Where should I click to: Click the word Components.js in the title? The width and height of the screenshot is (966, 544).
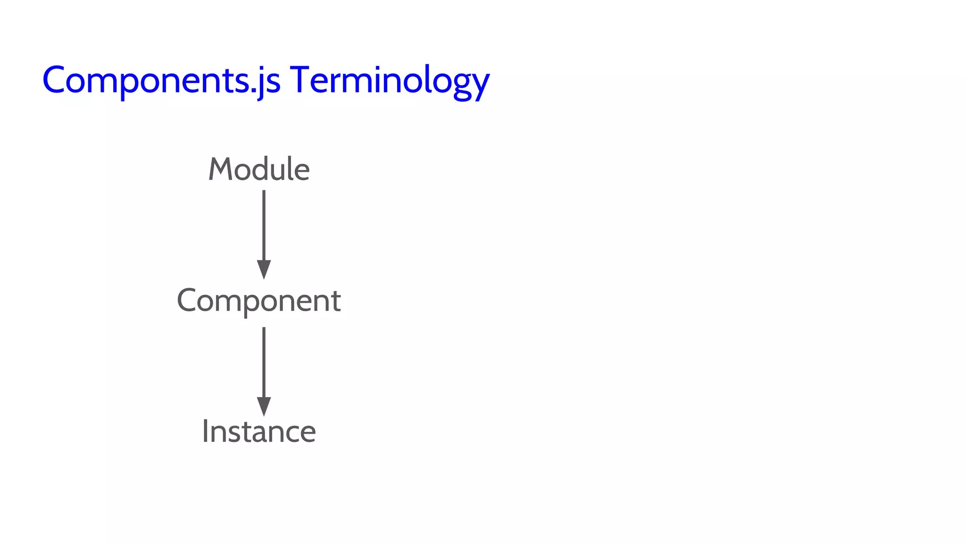tap(161, 80)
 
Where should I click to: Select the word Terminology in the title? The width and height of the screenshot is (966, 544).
tap(390, 80)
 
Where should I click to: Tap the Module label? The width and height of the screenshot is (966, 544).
tap(259, 169)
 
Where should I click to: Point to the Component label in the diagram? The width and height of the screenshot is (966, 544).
tap(258, 301)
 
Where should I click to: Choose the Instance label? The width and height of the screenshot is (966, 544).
tap(258, 432)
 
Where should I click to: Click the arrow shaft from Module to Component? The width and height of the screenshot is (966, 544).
tap(264, 224)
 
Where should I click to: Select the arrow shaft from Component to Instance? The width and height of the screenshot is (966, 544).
tap(264, 361)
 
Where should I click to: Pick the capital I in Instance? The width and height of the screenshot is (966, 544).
tap(205, 432)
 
